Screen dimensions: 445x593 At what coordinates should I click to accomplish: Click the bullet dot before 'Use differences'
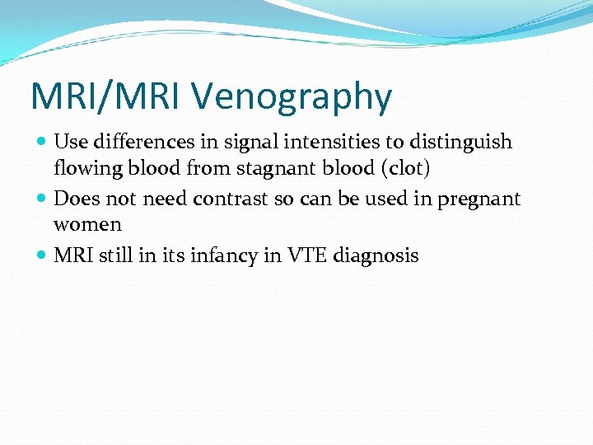(x=42, y=143)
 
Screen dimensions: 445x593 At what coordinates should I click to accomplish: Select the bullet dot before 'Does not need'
(x=42, y=199)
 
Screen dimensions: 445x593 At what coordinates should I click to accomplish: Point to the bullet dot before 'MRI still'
(x=42, y=256)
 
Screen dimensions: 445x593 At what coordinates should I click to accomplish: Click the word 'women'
(x=87, y=225)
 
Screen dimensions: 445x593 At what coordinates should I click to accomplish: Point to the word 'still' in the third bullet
(x=109, y=255)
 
